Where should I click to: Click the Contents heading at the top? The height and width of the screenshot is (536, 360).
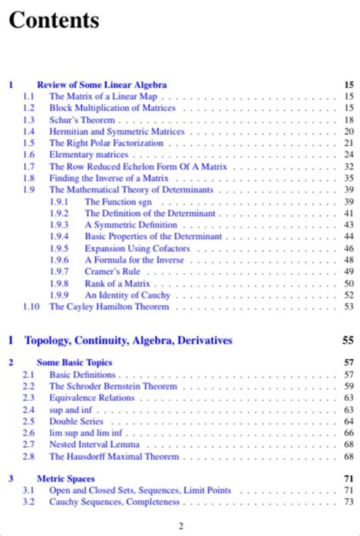pos(54,20)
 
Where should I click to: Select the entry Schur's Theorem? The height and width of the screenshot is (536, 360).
pos(82,120)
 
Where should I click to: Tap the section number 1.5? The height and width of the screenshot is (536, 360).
pos(28,143)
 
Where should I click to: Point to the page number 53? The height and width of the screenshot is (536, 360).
pos(349,307)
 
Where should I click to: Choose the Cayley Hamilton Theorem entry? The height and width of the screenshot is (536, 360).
pos(109,307)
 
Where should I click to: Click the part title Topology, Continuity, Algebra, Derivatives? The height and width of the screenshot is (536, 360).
pos(128,340)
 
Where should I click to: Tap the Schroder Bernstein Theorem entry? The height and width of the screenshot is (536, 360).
pos(113,386)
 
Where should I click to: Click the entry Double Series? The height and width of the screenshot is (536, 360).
pos(76,421)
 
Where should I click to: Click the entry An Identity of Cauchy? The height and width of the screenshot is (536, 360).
pos(128,295)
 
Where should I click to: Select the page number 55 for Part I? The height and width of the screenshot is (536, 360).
pos(348,340)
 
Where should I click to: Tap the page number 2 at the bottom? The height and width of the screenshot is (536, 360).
pos(181,526)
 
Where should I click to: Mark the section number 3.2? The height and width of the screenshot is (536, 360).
pos(28,502)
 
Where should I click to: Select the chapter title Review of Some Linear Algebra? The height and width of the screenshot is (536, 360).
pos(102,85)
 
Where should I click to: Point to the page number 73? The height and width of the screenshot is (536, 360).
pos(349,502)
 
